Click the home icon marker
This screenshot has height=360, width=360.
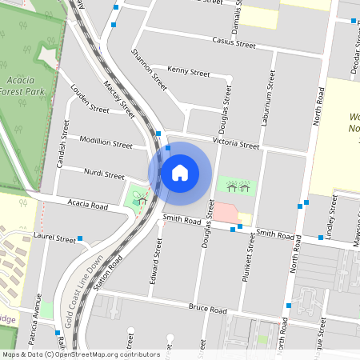coord(180,172)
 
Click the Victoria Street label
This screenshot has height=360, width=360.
coord(236,144)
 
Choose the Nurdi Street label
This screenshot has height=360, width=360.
coord(104,174)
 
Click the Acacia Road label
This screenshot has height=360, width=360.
coord(88,206)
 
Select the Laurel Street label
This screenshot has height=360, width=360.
coord(54,238)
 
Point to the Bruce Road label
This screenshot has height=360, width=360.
coord(209,310)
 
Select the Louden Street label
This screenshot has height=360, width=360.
coord(90,99)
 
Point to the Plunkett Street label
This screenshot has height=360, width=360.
coord(250,263)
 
